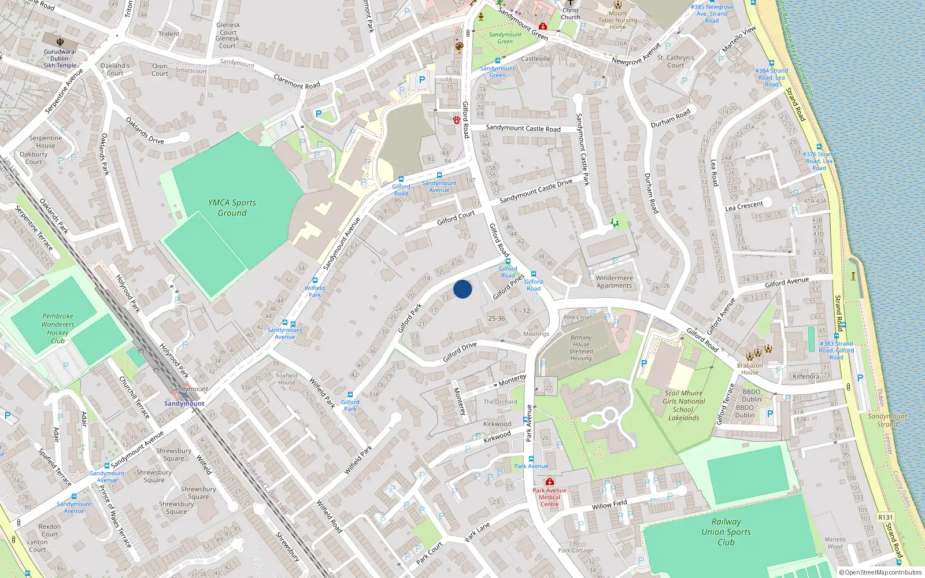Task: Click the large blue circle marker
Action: [x=462, y=289]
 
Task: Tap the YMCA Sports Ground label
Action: [x=232, y=208]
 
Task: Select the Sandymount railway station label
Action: [x=184, y=403]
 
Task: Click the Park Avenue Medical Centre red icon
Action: [x=550, y=481]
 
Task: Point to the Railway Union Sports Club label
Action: [x=726, y=532]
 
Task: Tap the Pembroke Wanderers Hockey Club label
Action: [x=58, y=328]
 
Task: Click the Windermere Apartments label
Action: [x=614, y=281]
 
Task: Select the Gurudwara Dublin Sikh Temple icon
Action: [x=60, y=42]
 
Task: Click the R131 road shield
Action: [x=885, y=517]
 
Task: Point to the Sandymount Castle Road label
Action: [x=523, y=128]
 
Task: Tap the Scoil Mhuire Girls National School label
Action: [x=683, y=405]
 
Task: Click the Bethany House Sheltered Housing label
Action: [x=581, y=348]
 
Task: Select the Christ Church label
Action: [x=570, y=13]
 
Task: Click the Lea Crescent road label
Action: [x=744, y=206]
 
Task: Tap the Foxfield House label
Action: [x=287, y=379]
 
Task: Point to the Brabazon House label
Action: [x=750, y=369]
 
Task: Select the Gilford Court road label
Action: [x=456, y=218]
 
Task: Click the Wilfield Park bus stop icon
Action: [x=315, y=280]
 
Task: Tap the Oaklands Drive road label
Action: [x=145, y=131]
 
